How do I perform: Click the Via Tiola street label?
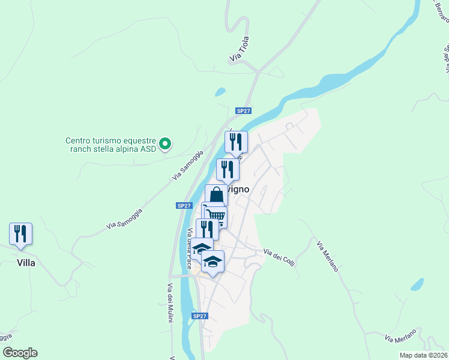[x=239, y=49]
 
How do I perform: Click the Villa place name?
[x=26, y=263]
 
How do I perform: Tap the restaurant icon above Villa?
[x=20, y=233]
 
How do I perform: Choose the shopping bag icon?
[x=216, y=194]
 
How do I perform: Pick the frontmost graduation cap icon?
[x=212, y=262]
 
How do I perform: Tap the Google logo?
[x=20, y=353]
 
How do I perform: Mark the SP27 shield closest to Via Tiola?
[x=243, y=111]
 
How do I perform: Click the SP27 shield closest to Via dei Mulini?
[x=200, y=316]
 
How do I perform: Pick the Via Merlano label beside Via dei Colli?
[x=328, y=256]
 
